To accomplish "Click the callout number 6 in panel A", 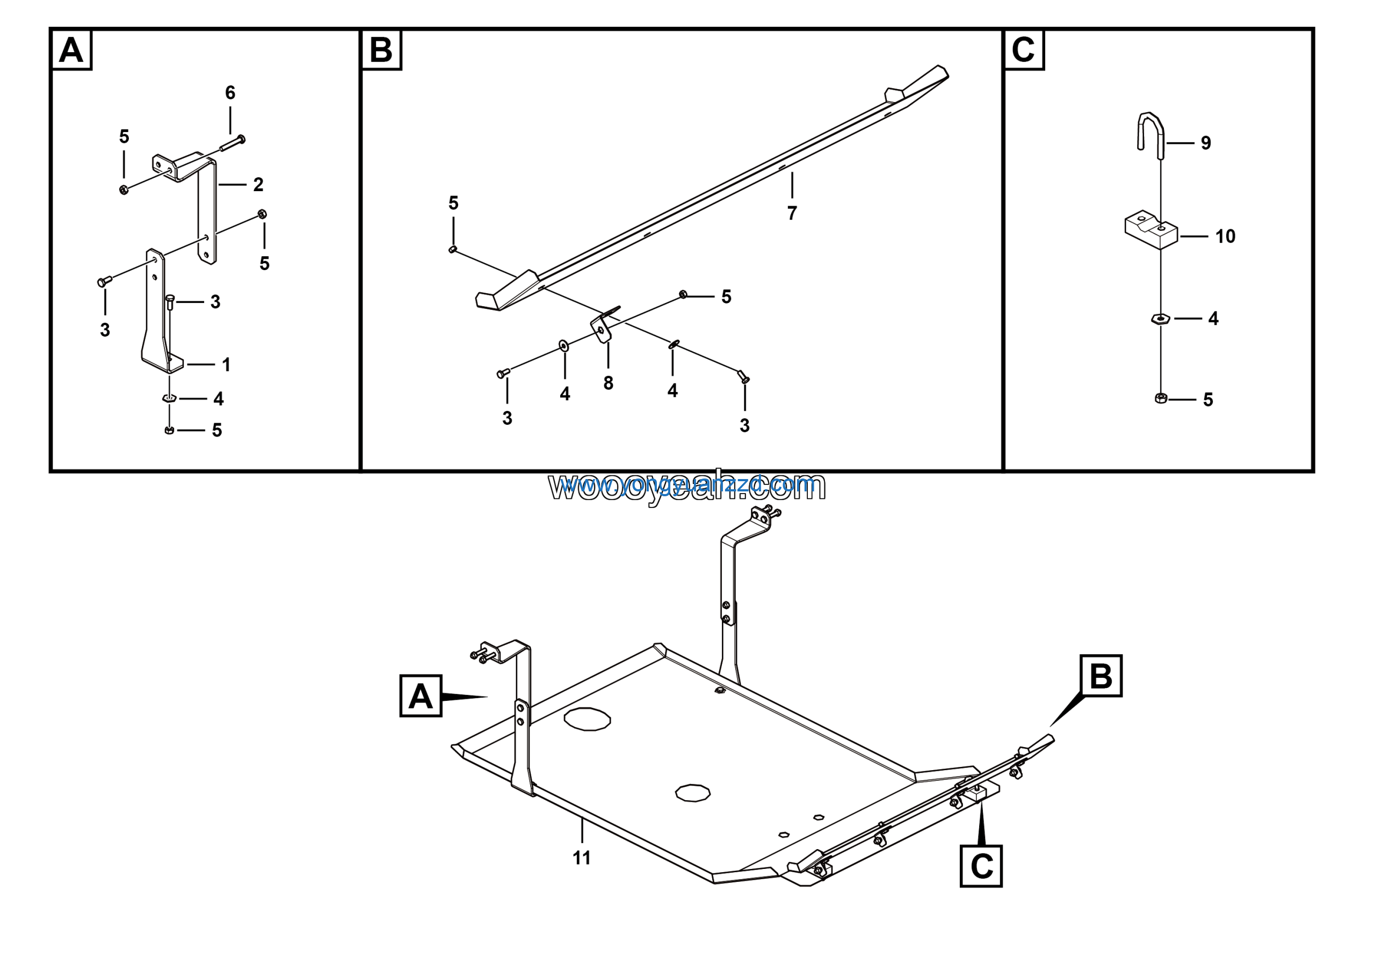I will click(x=230, y=93).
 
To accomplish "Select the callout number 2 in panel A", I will click(x=258, y=184).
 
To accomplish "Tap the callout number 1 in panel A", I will click(x=226, y=364).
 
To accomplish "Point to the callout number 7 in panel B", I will click(x=792, y=213).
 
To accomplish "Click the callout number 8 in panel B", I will click(x=608, y=383).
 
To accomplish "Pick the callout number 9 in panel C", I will click(x=1205, y=143).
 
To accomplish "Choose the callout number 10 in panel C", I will click(x=1225, y=236).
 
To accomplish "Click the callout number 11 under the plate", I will click(x=581, y=858).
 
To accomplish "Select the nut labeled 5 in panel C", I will click(x=1161, y=398).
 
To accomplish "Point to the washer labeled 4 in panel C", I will click(x=1161, y=318).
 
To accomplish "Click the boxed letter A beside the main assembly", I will click(x=421, y=696).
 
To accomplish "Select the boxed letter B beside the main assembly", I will click(x=1101, y=676).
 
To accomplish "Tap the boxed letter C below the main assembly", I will click(x=981, y=866).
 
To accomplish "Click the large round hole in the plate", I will click(x=587, y=719).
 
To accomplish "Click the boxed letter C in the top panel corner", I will click(x=1024, y=50).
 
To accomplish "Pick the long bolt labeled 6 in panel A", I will click(x=233, y=143).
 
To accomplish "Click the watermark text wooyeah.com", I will click(x=687, y=486).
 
